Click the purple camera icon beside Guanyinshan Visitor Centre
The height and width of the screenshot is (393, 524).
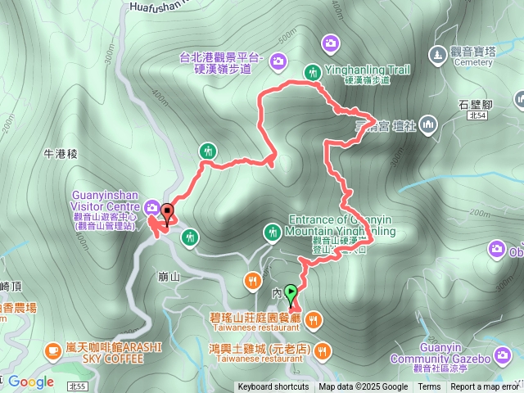(153, 207)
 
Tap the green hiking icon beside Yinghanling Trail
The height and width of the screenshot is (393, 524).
(312, 72)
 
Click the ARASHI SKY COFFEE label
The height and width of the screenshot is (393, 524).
(115, 351)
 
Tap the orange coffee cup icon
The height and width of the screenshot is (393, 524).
(54, 350)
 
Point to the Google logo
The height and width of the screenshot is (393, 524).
(30, 382)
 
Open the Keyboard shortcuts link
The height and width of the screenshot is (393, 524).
(273, 387)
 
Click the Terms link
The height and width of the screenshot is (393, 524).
(429, 387)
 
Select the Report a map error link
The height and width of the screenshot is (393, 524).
(485, 387)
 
